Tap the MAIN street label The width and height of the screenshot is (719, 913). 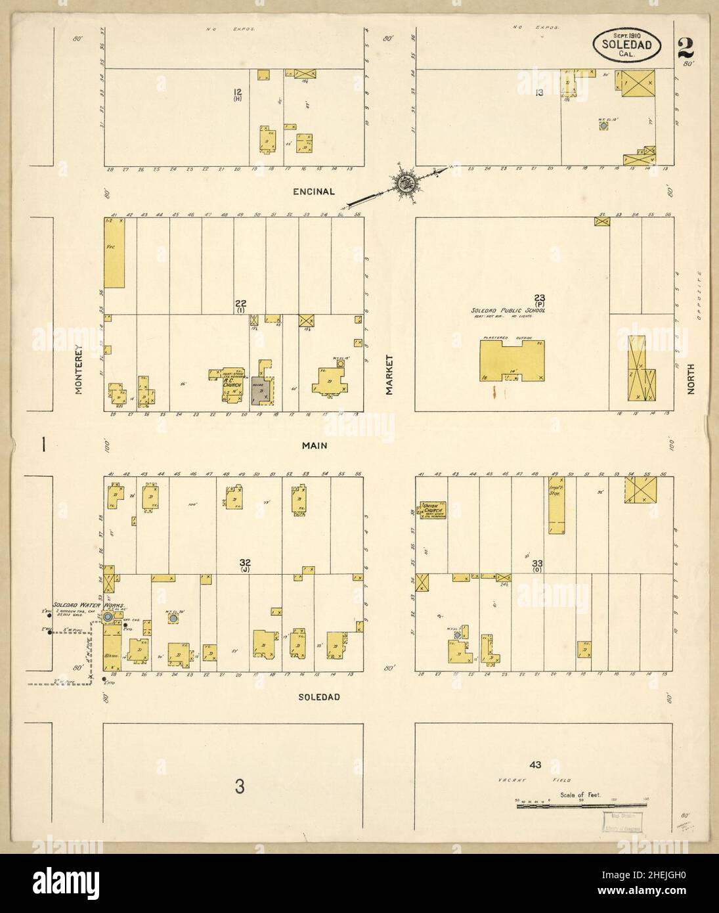pos(315,446)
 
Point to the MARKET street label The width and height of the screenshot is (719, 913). pos(389,374)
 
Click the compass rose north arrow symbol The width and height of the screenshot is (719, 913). pos(404,180)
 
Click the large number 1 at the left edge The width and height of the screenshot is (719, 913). pos(43,445)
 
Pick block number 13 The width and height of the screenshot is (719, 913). pos(539,93)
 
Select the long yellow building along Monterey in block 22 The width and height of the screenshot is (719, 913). pos(114,253)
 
